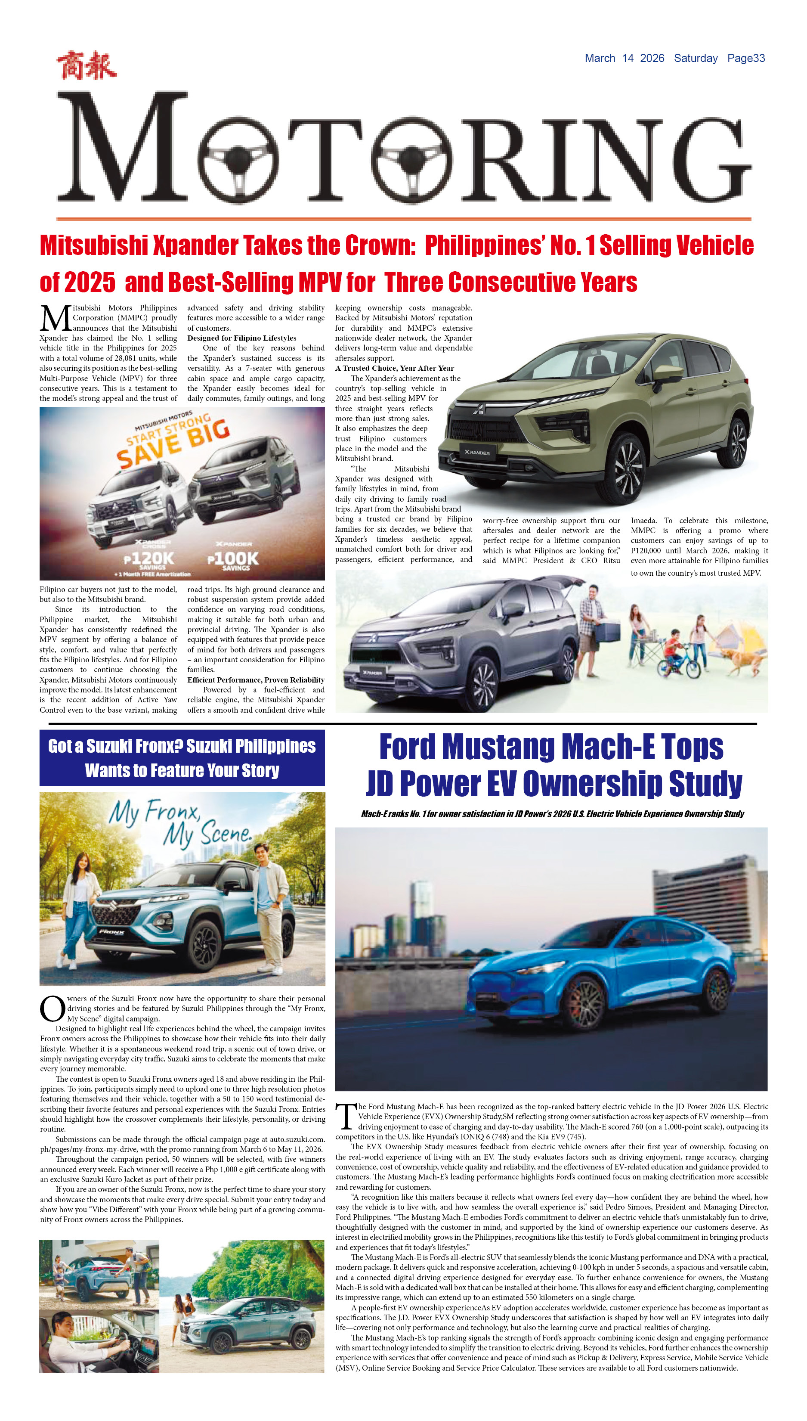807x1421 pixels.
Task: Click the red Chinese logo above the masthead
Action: click(87, 65)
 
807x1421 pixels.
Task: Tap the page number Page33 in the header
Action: click(745, 58)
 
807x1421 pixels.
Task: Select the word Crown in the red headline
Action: click(380, 245)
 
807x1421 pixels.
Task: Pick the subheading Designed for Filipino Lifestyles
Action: click(241, 338)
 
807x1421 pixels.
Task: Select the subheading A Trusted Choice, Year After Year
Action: click(394, 368)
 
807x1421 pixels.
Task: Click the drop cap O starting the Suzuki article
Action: click(52, 1008)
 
